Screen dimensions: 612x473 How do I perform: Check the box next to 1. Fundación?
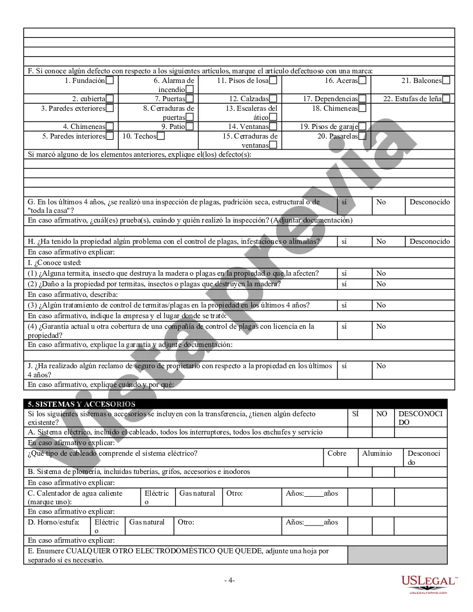(110, 80)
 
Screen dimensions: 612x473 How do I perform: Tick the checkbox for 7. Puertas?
(189, 99)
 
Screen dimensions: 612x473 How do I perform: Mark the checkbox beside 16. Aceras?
(362, 80)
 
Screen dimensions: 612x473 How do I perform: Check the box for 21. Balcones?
(446, 80)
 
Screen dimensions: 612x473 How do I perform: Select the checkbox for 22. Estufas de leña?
(446, 99)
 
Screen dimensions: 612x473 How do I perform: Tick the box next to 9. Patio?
(189, 126)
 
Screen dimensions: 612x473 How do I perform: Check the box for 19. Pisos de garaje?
(362, 126)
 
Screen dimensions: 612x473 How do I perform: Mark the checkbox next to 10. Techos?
(160, 136)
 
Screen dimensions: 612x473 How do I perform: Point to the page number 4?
(230, 581)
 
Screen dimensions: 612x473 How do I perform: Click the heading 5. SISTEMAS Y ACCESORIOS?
(81, 404)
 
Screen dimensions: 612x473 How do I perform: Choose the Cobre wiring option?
(337, 453)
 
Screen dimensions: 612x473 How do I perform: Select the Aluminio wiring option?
(377, 453)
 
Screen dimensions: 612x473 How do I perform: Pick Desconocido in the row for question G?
(429, 202)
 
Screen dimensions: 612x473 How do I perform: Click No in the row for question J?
(381, 366)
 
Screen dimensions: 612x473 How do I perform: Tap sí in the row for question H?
(344, 241)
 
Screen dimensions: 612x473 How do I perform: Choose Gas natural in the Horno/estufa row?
(147, 522)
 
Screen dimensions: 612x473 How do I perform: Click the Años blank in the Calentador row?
(314, 494)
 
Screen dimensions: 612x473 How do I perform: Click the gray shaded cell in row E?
(397, 555)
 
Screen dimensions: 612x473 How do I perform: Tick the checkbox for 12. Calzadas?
(273, 99)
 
